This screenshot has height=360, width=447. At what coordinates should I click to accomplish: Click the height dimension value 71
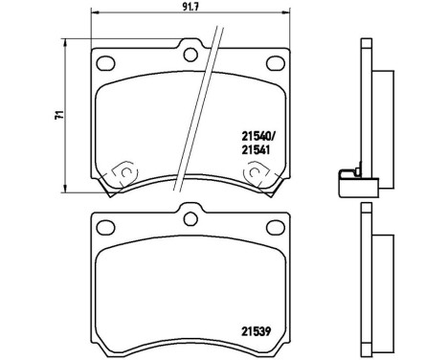click(60, 113)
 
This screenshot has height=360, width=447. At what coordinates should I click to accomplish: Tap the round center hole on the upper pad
click(190, 54)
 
